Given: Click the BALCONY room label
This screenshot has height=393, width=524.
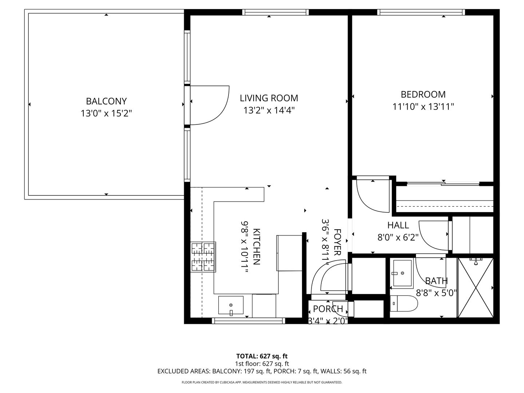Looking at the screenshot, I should point(106,101).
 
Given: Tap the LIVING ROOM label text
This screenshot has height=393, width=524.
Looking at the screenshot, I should point(269,98).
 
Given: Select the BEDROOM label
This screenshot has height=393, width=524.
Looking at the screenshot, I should point(423,95).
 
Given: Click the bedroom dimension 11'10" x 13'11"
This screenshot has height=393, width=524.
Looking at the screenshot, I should point(423,107).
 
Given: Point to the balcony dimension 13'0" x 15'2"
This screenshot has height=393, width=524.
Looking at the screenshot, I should point(106,114).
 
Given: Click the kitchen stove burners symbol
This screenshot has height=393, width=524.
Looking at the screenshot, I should point(203,257).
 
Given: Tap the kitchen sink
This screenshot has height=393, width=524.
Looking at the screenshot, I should point(231,305).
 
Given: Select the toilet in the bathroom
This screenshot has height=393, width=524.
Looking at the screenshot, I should point(403,303).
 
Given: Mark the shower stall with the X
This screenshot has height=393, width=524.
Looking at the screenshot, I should point(475,287).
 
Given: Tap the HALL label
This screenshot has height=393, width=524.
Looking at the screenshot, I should point(398,225).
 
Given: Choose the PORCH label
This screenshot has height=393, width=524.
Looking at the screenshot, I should point(328,309).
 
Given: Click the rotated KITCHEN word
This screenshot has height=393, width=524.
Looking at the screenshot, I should point(257,246).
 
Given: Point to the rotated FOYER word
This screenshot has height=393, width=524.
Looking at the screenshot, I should point(337,242).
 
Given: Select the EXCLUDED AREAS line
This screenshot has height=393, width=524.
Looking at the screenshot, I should point(262,371).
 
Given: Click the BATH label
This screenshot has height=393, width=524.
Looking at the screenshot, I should point(436,281).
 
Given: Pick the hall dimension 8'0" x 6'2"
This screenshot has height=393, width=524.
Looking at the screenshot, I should point(398,238).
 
